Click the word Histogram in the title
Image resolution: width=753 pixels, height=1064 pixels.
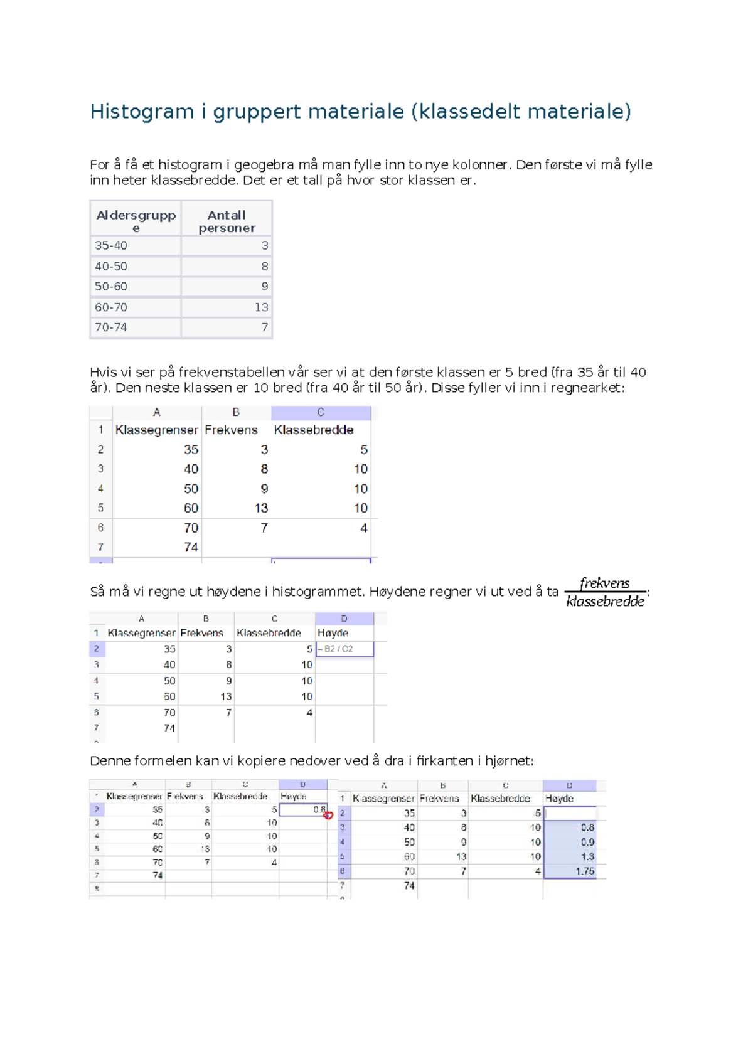[142, 112]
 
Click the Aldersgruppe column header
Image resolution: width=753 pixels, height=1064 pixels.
[136, 221]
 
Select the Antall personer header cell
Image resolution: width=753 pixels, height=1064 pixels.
[227, 221]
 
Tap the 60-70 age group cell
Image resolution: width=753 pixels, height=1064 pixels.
[111, 307]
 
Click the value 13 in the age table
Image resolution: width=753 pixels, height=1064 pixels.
[261, 307]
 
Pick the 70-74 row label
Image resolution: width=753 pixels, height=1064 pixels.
[111, 327]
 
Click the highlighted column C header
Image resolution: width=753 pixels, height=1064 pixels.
[321, 412]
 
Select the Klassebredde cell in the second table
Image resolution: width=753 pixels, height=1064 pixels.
[314, 430]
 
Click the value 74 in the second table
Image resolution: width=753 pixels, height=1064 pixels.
[191, 547]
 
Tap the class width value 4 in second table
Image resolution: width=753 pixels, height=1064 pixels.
[363, 528]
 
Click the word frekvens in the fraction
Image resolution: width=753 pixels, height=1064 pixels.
[604, 583]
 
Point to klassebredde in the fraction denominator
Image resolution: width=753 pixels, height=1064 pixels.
[605, 602]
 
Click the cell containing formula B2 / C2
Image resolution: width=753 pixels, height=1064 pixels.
[344, 649]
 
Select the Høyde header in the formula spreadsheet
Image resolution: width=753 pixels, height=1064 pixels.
[333, 633]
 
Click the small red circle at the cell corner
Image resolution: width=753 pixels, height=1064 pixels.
[328, 815]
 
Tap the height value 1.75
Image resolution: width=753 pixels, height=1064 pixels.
[584, 871]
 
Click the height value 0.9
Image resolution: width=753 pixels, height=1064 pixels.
[587, 842]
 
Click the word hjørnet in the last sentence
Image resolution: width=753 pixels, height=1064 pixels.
[508, 761]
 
